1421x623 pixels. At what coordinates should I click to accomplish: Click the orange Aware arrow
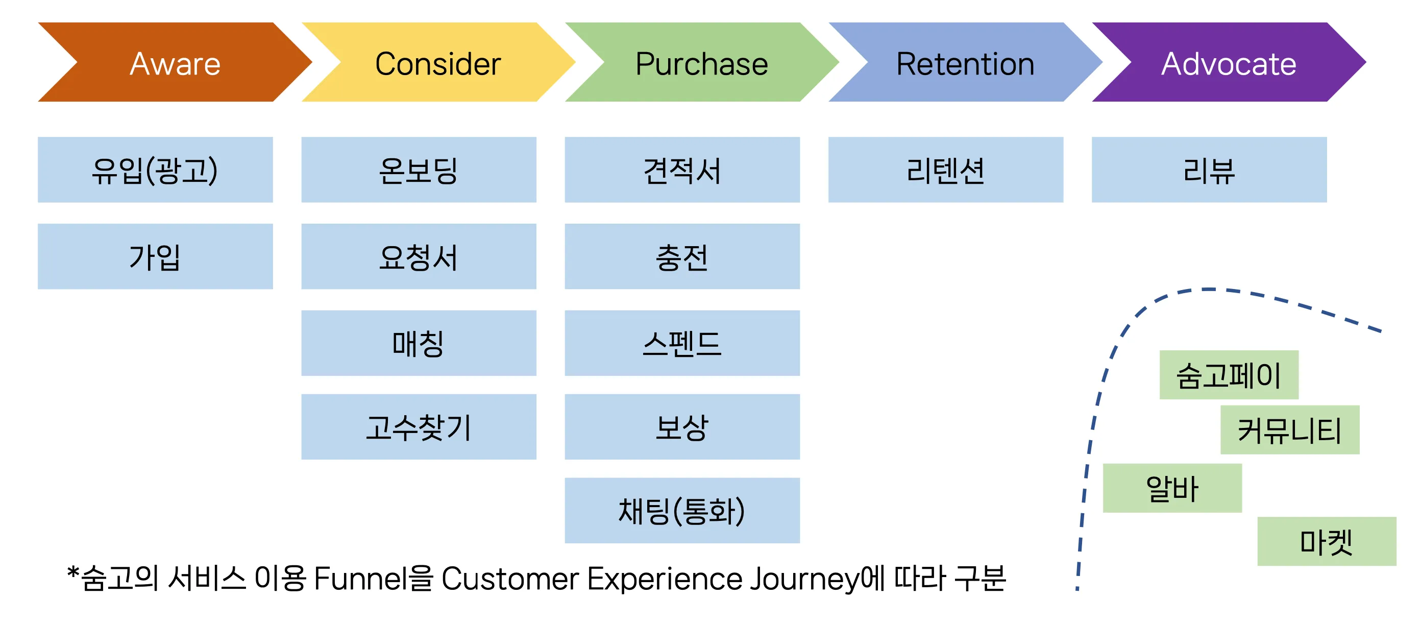(175, 63)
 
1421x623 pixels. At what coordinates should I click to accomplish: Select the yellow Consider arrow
(438, 63)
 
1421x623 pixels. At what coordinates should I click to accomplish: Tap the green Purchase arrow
(701, 63)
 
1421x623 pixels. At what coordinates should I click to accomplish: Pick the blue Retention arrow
(965, 63)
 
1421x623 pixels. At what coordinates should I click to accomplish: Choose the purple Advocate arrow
(1229, 63)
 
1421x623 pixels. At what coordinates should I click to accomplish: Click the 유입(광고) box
(155, 170)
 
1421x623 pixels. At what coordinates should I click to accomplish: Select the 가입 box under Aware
(155, 256)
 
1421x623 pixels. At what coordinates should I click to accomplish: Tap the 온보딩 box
(419, 170)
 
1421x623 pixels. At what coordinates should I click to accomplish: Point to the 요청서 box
(419, 256)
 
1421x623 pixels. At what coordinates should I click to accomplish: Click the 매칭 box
(419, 343)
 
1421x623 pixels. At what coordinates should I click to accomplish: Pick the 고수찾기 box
(419, 426)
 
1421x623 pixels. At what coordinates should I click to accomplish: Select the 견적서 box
(682, 170)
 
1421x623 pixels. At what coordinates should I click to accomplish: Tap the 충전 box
(682, 256)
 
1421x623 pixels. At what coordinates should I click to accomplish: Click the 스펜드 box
(682, 343)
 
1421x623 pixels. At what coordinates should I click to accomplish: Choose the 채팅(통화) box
(682, 511)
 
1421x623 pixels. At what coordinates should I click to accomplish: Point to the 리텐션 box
(945, 170)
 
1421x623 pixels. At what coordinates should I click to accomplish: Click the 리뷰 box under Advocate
(1209, 170)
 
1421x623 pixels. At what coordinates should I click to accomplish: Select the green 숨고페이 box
(1229, 375)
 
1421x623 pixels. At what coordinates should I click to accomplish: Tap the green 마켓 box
(1326, 541)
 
